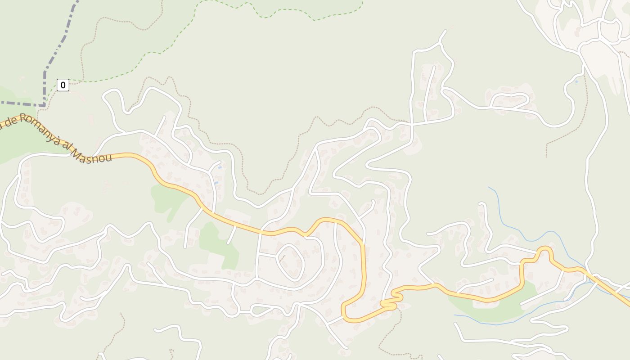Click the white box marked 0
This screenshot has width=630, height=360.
(x=63, y=85)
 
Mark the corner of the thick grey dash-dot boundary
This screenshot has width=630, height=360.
(x=45, y=105)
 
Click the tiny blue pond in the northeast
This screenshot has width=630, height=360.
(x=576, y=82)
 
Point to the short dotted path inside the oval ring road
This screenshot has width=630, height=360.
(x=283, y=258)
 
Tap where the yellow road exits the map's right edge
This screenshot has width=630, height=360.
(x=629, y=305)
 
